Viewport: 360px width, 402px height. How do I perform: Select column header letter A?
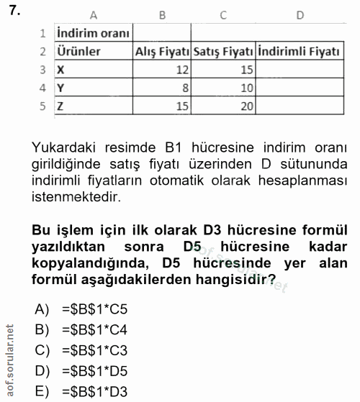click(93, 14)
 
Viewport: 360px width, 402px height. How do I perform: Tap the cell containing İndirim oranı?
click(93, 33)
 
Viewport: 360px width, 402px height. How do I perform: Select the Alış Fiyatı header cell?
click(163, 52)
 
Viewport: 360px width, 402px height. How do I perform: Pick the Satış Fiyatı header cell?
click(223, 52)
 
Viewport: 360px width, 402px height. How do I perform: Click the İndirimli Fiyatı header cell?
click(298, 52)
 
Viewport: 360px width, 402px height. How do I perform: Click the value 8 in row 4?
click(185, 88)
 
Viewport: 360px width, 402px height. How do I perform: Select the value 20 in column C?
click(246, 106)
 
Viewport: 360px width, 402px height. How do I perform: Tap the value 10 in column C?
click(246, 88)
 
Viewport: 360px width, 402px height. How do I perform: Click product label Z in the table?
click(60, 106)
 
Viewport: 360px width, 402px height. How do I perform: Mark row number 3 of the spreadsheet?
click(42, 70)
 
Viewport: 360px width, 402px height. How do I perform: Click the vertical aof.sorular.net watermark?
click(10, 360)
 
